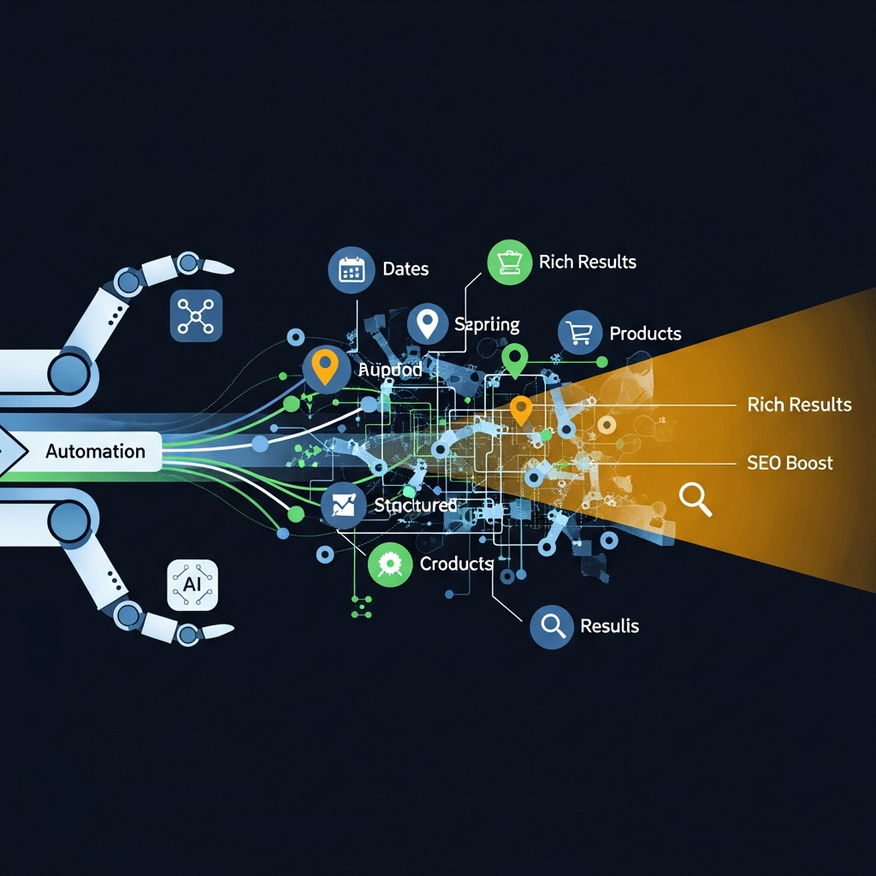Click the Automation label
tap(95, 451)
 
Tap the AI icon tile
tap(192, 585)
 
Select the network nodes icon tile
tap(196, 316)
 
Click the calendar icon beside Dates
tap(352, 269)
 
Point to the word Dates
tap(405, 269)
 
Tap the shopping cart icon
tap(579, 333)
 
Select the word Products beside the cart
tap(645, 333)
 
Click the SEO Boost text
tap(790, 463)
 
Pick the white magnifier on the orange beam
tap(695, 499)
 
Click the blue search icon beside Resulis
tap(552, 626)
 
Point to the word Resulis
tap(609, 625)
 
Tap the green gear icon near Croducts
tap(390, 564)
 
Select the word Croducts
tap(456, 564)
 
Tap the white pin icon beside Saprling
tap(428, 324)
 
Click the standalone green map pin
tap(514, 359)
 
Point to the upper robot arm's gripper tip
tap(221, 269)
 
